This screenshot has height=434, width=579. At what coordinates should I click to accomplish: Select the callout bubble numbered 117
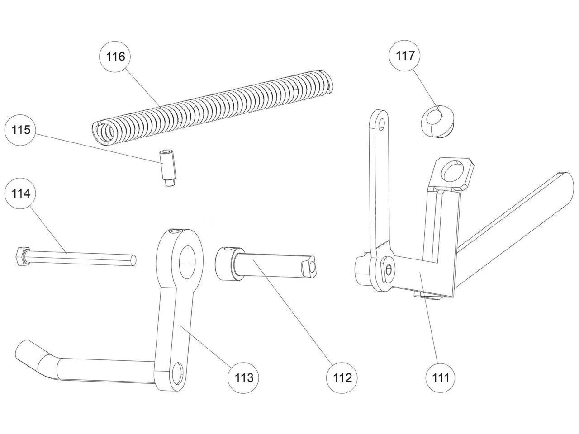[405, 56]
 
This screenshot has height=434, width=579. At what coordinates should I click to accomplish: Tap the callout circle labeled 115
[21, 130]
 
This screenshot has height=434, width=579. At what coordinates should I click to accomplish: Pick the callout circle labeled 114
[21, 193]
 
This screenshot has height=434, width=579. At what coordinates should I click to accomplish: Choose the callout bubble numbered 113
[244, 377]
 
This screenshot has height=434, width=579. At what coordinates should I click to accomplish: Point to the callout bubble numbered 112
[342, 377]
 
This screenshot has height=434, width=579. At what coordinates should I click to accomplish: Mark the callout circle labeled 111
[441, 377]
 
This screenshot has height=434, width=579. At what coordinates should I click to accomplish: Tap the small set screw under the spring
[166, 168]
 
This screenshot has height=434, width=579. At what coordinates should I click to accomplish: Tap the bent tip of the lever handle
[27, 353]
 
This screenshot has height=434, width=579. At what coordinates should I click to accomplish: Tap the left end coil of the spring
[103, 132]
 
